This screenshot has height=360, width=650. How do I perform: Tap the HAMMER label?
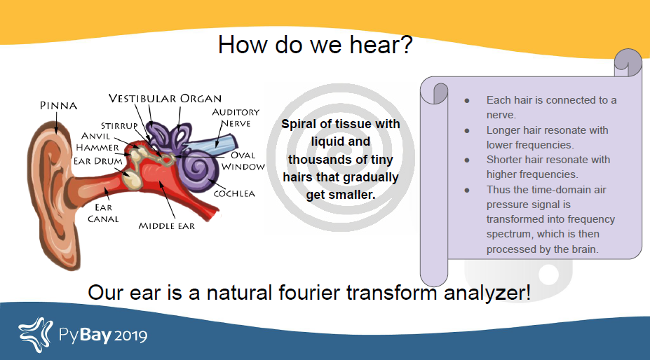(x=98, y=148)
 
